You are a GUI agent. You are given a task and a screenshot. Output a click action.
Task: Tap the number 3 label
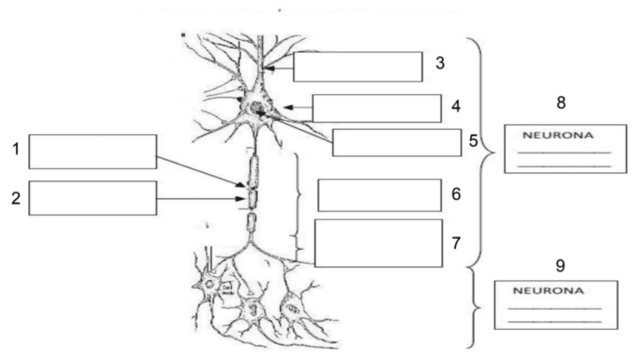(x=439, y=63)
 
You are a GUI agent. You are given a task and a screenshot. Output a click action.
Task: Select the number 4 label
(x=455, y=106)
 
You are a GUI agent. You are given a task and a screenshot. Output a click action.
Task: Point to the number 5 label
(x=472, y=140)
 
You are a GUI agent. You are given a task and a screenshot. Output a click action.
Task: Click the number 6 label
(x=455, y=194)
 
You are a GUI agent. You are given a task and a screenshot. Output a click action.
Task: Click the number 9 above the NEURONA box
(x=559, y=266)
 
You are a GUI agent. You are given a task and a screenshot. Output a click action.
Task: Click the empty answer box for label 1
(x=93, y=152)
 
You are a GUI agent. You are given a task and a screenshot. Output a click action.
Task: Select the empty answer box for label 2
(x=93, y=198)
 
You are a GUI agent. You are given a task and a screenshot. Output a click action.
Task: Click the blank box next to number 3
(x=357, y=66)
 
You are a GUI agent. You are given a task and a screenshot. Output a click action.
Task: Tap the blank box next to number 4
(x=377, y=108)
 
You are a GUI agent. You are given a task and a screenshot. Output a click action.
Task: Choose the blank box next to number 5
(x=396, y=143)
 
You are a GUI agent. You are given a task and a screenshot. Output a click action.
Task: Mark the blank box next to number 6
(x=380, y=195)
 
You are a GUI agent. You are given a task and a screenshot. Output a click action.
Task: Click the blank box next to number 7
(x=378, y=243)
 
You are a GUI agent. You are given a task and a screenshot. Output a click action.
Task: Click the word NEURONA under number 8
(x=558, y=137)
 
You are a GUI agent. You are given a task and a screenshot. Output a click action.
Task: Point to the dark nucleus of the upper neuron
(x=259, y=110)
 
